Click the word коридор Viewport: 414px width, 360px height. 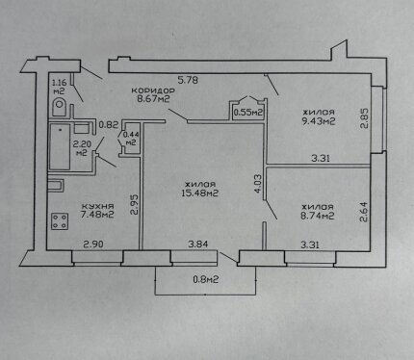(153, 90)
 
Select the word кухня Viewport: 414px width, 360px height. (97, 206)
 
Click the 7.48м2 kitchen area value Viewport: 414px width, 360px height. (97, 215)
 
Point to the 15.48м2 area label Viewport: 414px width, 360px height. (199, 193)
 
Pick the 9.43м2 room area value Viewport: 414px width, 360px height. (319, 121)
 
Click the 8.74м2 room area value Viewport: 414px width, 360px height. (318, 216)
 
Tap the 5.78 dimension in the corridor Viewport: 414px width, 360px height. (188, 80)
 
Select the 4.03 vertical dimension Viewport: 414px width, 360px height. (259, 184)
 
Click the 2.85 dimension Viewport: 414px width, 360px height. (364, 118)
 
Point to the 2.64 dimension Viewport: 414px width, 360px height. (364, 212)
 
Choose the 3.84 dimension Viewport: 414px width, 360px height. (198, 244)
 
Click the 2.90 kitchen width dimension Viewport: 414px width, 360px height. (93, 244)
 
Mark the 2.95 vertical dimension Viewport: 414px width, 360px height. (135, 205)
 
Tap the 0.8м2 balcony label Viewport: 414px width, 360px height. (206, 279)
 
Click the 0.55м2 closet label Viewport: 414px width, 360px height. (248, 113)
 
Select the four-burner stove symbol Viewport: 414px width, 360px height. (60, 221)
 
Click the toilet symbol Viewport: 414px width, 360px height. (59, 107)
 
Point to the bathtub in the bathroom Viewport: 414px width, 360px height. (60, 147)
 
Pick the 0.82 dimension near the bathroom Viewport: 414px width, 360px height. (109, 124)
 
